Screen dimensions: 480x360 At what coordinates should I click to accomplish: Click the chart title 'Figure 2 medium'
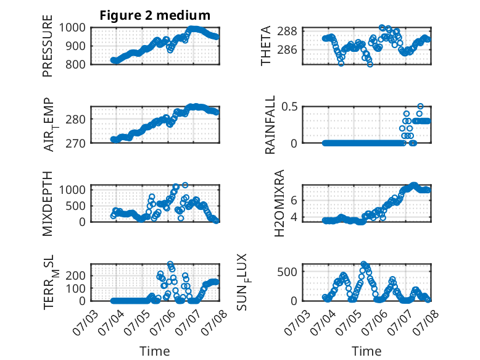155,15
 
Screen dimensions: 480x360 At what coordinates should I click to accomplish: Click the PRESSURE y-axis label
48,46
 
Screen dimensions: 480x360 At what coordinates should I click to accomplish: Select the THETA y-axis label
266,46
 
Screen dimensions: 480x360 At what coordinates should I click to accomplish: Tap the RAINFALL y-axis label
270,125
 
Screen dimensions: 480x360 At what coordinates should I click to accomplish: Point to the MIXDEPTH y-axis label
48,203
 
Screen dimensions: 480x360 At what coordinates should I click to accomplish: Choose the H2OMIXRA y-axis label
279,203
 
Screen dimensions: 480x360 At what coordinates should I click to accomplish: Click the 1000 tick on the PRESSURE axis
72,28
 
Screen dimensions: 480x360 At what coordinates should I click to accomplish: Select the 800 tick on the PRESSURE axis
76,64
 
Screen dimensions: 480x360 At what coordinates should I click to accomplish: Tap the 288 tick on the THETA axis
287,31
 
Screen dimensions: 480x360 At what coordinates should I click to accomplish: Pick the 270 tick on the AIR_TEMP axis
76,143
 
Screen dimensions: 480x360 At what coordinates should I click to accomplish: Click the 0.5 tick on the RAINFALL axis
289,107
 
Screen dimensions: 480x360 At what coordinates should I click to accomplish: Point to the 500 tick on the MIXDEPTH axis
76,206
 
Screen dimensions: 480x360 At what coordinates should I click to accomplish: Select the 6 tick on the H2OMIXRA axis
294,200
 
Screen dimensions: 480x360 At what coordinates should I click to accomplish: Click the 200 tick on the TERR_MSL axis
76,275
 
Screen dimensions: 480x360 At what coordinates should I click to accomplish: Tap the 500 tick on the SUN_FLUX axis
287,272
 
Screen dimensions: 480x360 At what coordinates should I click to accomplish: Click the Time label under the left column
155,351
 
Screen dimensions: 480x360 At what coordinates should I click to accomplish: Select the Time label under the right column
366,351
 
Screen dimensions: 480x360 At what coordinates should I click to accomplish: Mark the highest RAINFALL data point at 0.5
421,106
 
